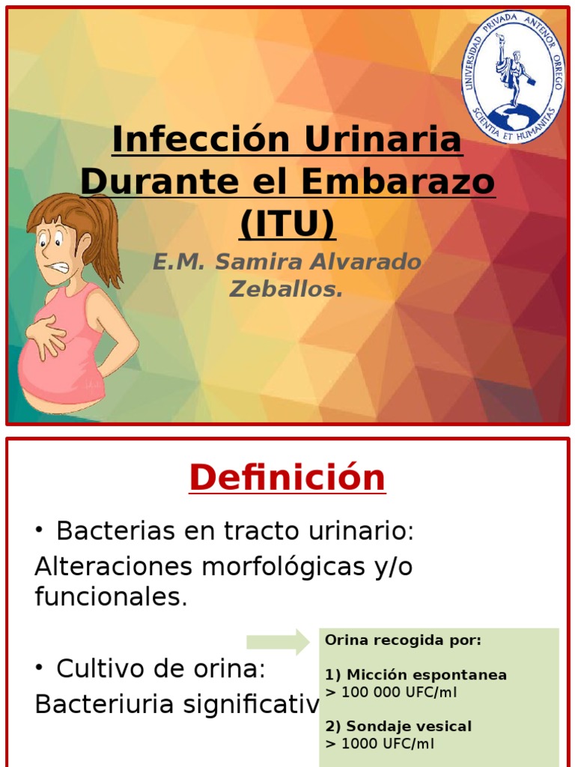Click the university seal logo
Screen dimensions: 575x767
coord(512,76)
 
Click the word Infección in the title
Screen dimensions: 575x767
coord(201,139)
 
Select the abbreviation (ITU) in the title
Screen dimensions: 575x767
coord(287,223)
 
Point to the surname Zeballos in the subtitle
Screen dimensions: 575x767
coord(285,288)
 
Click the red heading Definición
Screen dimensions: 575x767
coord(287,477)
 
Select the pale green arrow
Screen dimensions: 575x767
coord(278,642)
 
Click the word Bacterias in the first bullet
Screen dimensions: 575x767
coord(115,531)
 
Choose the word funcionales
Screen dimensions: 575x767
coord(111,597)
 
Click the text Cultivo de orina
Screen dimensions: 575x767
coord(161,669)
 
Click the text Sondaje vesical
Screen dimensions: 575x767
coord(410,727)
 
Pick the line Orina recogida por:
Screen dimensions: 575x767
coord(404,640)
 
